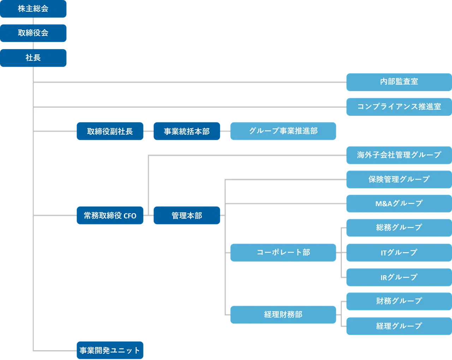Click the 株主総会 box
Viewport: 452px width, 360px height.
pyautogui.click(x=33, y=8)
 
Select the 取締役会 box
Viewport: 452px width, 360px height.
pyautogui.click(x=33, y=33)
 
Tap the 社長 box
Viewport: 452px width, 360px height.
pyautogui.click(x=33, y=58)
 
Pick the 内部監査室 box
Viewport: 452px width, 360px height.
pyautogui.click(x=399, y=82)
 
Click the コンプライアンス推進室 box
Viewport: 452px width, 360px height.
pyautogui.click(x=399, y=107)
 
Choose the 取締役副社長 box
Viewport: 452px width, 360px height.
pyautogui.click(x=110, y=131)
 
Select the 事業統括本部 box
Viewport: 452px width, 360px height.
pyautogui.click(x=187, y=131)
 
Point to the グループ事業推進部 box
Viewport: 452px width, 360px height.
pyautogui.click(x=283, y=131)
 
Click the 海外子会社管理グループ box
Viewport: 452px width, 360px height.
pyautogui.click(x=399, y=155)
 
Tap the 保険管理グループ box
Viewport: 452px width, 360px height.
pyautogui.click(x=399, y=180)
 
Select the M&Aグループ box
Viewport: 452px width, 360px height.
pyautogui.click(x=399, y=204)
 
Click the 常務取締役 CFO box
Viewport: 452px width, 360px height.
pyautogui.click(x=110, y=215)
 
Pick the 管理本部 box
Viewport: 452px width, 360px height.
pyautogui.click(x=187, y=215)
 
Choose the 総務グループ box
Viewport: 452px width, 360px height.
pyautogui.click(x=399, y=228)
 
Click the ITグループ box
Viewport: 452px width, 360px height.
pyautogui.click(x=399, y=252)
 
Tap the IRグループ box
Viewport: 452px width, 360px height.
pyautogui.click(x=399, y=277)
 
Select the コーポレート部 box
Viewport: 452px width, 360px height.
pyautogui.click(x=283, y=252)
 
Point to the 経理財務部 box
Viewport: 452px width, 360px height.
pyautogui.click(x=283, y=315)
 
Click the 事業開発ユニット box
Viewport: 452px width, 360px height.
pyautogui.click(x=110, y=350)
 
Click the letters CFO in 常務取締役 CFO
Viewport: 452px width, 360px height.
pyautogui.click(x=130, y=216)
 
